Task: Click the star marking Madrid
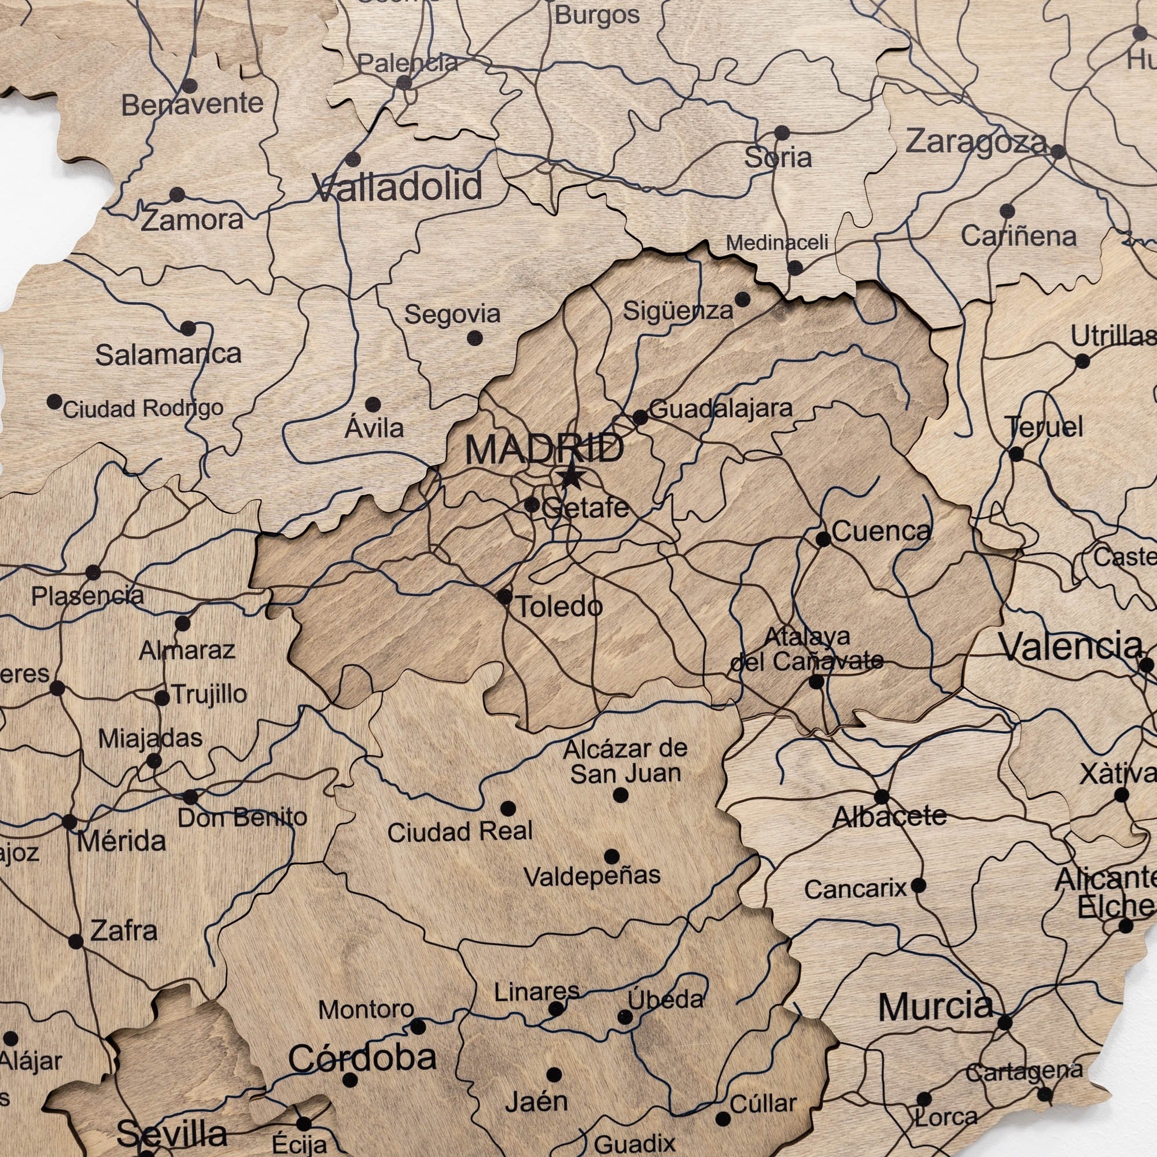pyautogui.click(x=571, y=477)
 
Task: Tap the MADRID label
pyautogui.click(x=544, y=449)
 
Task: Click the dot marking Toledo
pyautogui.click(x=504, y=596)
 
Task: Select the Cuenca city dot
pyautogui.click(x=823, y=539)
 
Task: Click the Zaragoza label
pyautogui.click(x=975, y=142)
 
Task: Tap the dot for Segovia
pyautogui.click(x=475, y=338)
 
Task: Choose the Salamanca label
pyautogui.click(x=168, y=355)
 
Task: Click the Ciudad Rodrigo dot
pyautogui.click(x=54, y=401)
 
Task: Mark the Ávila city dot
pyautogui.click(x=373, y=404)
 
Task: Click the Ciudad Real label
pyautogui.click(x=460, y=832)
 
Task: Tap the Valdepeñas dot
pyautogui.click(x=611, y=856)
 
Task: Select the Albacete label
pyautogui.click(x=889, y=816)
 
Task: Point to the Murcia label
pyautogui.click(x=935, y=1007)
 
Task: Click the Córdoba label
pyautogui.click(x=362, y=1057)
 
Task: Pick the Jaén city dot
pyautogui.click(x=554, y=1074)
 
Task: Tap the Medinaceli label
pyautogui.click(x=778, y=242)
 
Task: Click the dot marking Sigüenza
pyautogui.click(x=742, y=299)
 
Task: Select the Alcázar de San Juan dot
pyautogui.click(x=621, y=795)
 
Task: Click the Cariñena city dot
pyautogui.click(x=1007, y=211)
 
